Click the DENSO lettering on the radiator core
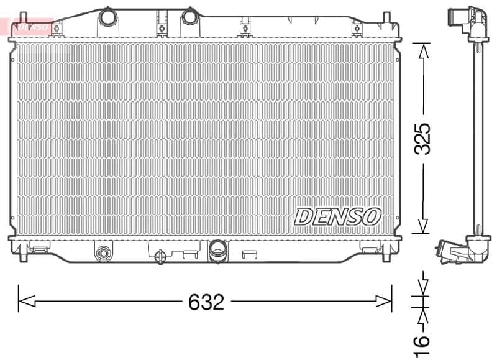[337, 216]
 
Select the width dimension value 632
[206, 302]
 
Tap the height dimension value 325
[423, 138]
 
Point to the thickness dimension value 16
[422, 341]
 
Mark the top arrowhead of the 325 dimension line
[423, 50]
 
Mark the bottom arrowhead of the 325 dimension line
[423, 228]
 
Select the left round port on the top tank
[109, 17]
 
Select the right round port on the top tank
[189, 17]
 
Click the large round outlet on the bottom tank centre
[217, 250]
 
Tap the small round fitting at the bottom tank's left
[103, 252]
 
